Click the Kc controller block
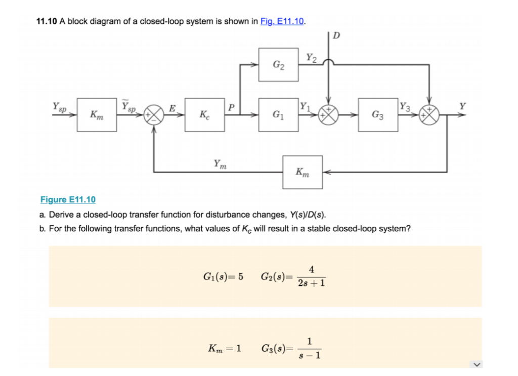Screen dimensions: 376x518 pos(204,115)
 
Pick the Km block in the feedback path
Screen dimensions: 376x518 pos(303,172)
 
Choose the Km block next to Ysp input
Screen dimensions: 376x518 pos(97,115)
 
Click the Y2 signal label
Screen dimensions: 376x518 pos(312,58)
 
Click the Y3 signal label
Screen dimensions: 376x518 pos(404,107)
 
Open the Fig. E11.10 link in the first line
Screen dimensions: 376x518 pos(282,21)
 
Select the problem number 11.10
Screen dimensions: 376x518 pos(47,21)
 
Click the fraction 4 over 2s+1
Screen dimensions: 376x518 pos(312,276)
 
